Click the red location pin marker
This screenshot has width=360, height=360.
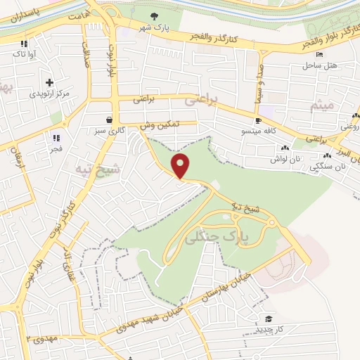click(x=181, y=166)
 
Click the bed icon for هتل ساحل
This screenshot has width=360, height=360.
click(x=321, y=54)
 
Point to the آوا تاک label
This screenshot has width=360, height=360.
click(x=22, y=53)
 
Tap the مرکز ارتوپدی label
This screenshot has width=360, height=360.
click(x=49, y=93)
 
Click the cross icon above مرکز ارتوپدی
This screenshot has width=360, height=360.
click(x=49, y=82)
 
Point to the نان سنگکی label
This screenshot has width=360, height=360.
click(x=330, y=167)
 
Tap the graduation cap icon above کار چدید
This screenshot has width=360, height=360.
click(x=268, y=317)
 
